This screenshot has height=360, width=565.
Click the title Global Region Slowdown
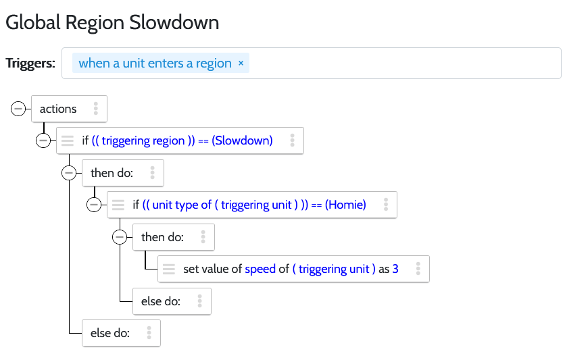point(112,23)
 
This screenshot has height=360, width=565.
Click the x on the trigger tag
point(241,63)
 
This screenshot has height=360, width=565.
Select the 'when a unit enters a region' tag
point(161,63)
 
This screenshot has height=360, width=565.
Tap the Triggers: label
point(30,63)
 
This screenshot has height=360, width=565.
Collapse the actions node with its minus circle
point(18,108)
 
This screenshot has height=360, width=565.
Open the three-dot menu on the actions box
point(96,108)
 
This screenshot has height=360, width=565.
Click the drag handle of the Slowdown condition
point(68,140)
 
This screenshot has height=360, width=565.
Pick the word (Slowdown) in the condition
point(242,140)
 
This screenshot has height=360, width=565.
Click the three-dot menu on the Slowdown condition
point(292,140)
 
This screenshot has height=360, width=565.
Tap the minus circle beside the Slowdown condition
point(43,140)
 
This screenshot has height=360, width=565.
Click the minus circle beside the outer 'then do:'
point(69,173)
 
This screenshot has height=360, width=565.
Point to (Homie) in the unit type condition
point(345,205)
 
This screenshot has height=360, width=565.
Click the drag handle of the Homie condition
point(118,205)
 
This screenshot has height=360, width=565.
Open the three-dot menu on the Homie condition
point(386,205)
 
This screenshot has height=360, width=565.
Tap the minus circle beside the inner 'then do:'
point(120,237)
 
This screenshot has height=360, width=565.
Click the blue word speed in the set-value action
point(260,269)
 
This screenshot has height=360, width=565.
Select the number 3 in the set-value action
point(395,269)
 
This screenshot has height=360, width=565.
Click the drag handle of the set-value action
point(169,269)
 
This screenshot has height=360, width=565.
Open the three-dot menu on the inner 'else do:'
point(200,301)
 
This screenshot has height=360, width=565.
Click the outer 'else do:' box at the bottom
point(121,333)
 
